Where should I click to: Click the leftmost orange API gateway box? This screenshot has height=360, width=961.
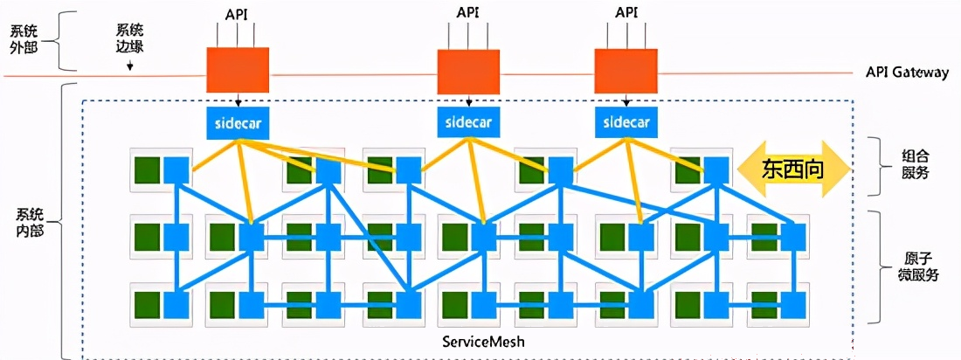[238, 69]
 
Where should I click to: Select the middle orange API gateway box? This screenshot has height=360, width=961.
[468, 71]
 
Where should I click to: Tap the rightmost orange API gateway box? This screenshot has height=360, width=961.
[626, 71]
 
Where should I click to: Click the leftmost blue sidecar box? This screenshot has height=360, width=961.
[238, 121]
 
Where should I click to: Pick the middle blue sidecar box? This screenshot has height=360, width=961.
[468, 121]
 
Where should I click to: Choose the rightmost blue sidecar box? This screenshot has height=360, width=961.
[626, 121]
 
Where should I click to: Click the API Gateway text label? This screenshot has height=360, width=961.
[907, 73]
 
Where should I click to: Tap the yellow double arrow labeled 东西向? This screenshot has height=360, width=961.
[793, 170]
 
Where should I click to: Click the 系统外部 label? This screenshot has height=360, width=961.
[24, 38]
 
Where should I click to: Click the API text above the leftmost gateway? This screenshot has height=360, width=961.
[237, 13]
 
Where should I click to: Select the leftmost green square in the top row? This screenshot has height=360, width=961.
[147, 170]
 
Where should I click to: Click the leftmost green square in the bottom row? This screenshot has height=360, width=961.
[147, 305]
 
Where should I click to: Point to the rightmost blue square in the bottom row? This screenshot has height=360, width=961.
[793, 305]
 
